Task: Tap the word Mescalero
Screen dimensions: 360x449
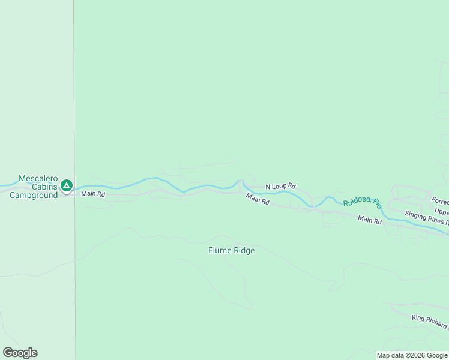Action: click(38, 179)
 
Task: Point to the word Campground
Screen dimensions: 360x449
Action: click(34, 195)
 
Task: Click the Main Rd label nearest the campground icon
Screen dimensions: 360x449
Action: click(93, 194)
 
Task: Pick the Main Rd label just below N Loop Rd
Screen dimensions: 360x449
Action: click(258, 199)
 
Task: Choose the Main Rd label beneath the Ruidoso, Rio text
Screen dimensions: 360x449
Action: click(370, 220)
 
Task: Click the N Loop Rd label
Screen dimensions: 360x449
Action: click(280, 187)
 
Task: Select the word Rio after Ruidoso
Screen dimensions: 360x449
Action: click(377, 203)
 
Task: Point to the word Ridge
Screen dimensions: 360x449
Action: click(244, 250)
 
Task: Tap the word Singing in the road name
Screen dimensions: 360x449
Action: click(417, 214)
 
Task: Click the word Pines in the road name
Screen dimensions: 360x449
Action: click(436, 218)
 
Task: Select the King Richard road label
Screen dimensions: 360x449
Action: click(429, 322)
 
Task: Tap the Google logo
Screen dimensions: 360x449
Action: click(20, 353)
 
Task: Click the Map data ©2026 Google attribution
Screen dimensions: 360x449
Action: click(412, 355)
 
